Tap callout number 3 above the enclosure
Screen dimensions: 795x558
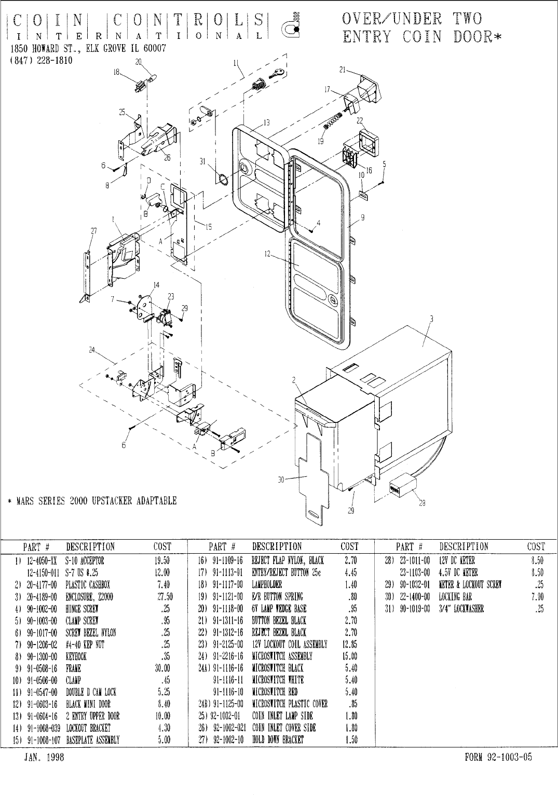point(431,318)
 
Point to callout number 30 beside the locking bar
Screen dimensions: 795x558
point(281,479)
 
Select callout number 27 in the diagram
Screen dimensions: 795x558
point(94,231)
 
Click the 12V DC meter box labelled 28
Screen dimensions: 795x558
point(402,486)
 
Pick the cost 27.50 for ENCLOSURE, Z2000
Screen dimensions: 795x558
point(164,597)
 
